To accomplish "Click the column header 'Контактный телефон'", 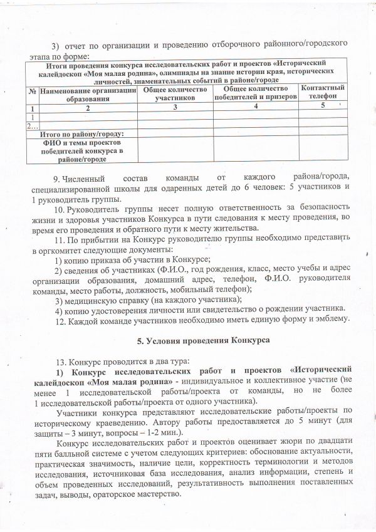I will (323, 92).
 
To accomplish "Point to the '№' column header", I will (31, 91).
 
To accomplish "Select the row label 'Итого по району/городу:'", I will (81, 133).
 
